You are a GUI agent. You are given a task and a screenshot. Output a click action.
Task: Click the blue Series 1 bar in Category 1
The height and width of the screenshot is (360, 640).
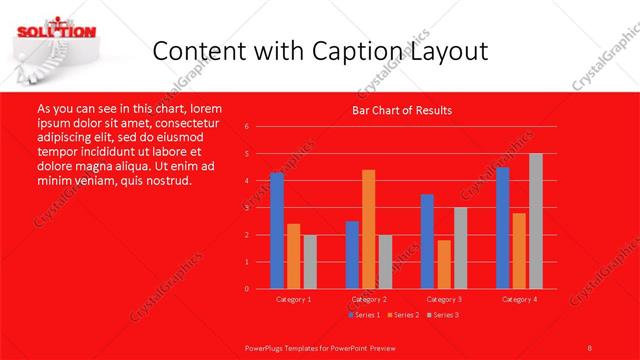click(x=277, y=231)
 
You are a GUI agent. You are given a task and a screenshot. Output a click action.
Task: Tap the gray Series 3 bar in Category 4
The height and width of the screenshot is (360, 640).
click(x=535, y=221)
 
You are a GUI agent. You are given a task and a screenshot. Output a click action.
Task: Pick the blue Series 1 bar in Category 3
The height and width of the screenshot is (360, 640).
click(x=427, y=241)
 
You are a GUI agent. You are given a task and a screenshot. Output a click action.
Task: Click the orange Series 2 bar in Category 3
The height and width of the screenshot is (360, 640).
click(x=443, y=264)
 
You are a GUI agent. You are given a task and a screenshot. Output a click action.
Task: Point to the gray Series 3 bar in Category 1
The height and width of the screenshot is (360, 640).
click(x=309, y=262)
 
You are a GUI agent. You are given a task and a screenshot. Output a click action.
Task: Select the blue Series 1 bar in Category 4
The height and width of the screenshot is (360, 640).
click(x=503, y=228)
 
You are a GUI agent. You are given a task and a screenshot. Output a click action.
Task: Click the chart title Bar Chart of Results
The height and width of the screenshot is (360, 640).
click(x=403, y=110)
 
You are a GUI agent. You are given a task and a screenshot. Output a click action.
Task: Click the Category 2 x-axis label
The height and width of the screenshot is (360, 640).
click(x=368, y=299)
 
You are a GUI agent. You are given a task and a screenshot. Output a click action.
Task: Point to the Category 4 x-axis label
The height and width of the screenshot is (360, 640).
click(x=519, y=299)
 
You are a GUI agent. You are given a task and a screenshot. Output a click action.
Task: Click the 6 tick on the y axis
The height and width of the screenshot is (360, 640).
click(x=246, y=127)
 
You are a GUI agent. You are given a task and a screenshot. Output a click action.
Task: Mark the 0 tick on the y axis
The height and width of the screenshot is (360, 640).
click(x=246, y=289)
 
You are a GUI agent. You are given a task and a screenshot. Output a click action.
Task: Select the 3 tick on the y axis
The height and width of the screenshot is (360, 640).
click(x=246, y=208)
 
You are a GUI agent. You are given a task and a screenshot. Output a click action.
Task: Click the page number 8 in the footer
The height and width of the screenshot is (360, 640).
click(x=590, y=346)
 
